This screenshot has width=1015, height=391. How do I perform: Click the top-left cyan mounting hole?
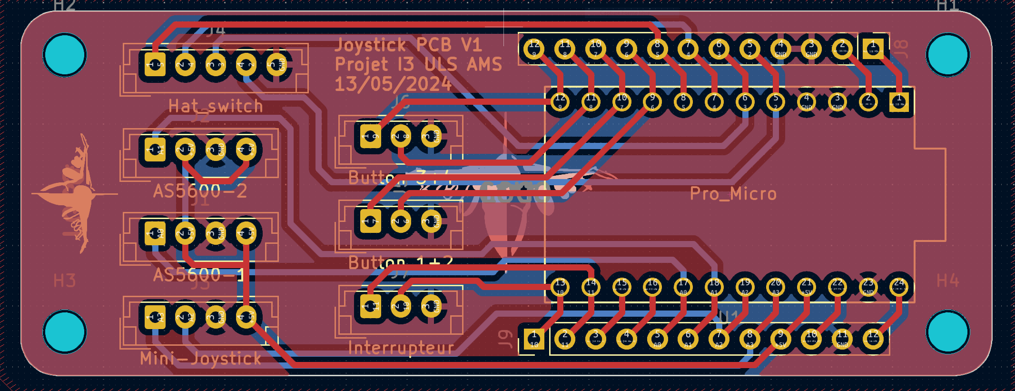[65, 55]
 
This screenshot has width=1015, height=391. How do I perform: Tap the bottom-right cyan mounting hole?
[947, 332]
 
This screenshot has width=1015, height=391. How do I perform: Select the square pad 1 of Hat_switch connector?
[155, 64]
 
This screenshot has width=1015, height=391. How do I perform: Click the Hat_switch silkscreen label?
[216, 106]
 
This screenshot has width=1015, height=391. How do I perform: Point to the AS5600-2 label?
[200, 191]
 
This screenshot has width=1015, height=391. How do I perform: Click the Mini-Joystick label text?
[200, 358]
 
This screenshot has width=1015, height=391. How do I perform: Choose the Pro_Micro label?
[733, 193]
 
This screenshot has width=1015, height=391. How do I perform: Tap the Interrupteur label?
[401, 348]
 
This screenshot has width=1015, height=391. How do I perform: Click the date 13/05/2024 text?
[393, 84]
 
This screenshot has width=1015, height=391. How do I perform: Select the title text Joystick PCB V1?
[408, 45]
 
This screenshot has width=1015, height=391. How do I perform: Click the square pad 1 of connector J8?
[873, 48]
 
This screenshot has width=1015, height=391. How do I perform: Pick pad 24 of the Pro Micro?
[898, 287]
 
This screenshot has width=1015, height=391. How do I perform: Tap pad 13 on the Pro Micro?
[560, 287]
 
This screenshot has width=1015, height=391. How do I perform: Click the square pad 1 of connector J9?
[534, 339]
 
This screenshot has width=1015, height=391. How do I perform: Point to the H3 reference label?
[65, 281]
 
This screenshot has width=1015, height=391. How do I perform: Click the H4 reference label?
[947, 281]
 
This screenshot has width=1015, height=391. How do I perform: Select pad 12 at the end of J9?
[873, 339]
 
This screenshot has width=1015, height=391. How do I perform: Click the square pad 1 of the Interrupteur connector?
[370, 306]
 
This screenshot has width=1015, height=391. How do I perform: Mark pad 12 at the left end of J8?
[534, 48]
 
